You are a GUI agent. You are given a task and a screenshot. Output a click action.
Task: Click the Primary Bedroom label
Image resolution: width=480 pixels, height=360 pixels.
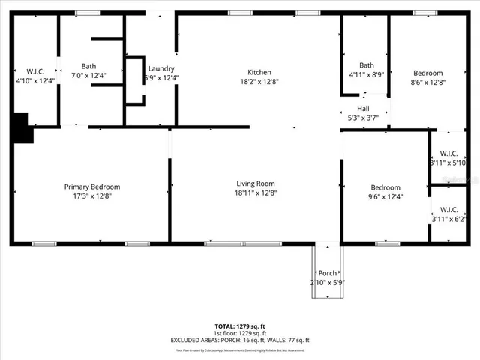pos(91,187)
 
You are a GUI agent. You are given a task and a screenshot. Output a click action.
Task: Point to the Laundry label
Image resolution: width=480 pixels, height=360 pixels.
pos(161,67)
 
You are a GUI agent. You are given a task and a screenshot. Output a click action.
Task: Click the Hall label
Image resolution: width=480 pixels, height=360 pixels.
pos(363,108)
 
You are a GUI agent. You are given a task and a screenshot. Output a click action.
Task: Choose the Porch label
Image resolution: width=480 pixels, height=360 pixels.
pos(327,272)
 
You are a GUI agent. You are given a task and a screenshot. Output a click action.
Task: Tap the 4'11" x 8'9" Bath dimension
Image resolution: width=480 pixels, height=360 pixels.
pos(366,74)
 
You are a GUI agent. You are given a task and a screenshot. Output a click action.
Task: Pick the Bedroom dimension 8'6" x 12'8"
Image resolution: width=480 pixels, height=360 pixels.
pos(428,82)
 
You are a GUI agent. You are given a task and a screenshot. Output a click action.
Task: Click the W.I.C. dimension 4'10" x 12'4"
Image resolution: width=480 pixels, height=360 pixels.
pos(35,79)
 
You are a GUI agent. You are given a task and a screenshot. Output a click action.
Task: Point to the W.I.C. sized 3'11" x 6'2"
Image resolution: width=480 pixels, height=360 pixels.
pos(448,219)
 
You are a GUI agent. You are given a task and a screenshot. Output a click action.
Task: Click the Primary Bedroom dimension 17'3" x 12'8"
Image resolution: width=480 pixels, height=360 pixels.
pos(91,196)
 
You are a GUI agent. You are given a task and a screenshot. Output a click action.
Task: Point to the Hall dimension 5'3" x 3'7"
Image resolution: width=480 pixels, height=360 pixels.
pos(363,117)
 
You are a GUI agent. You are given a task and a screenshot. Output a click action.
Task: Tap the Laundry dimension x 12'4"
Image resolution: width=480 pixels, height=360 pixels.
pos(161,76)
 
